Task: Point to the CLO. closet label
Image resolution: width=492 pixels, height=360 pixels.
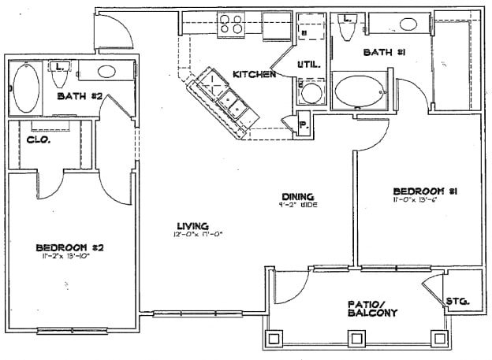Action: pyautogui.click(x=39, y=140)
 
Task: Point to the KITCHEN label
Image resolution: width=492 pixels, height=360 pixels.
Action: pyautogui.click(x=254, y=74)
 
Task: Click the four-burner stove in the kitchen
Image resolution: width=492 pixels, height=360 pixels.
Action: pyautogui.click(x=231, y=24)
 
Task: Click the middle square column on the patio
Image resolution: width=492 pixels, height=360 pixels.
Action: pyautogui.click(x=356, y=339)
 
